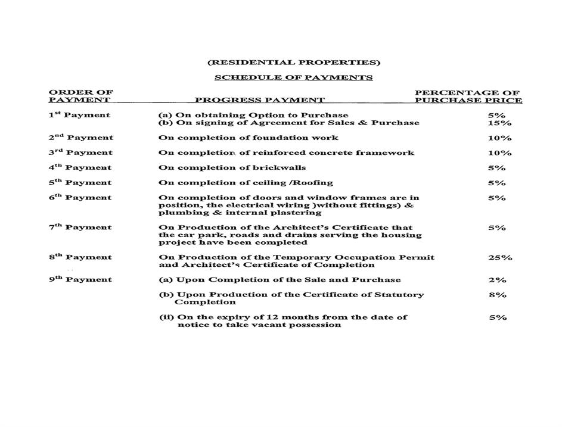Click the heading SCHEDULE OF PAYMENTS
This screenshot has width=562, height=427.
(x=293, y=77)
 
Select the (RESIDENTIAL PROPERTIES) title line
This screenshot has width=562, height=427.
(x=293, y=63)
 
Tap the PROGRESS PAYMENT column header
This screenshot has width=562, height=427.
(x=260, y=101)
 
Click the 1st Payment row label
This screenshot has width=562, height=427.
(x=79, y=115)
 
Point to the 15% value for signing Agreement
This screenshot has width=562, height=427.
(x=499, y=123)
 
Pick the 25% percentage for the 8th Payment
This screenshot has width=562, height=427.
(x=499, y=258)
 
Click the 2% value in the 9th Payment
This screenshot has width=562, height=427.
(x=497, y=280)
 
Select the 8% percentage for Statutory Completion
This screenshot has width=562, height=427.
(x=497, y=295)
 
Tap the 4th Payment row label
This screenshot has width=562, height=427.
(x=80, y=168)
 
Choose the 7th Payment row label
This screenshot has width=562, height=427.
(x=80, y=227)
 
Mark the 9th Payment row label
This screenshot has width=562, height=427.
(x=80, y=280)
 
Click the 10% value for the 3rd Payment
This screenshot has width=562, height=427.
(x=499, y=153)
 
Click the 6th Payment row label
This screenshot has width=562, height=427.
(x=80, y=198)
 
